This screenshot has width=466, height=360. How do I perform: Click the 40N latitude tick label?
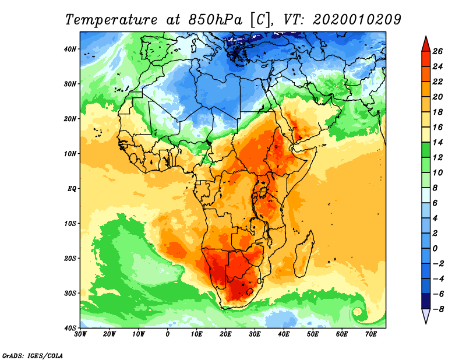click(x=70, y=49)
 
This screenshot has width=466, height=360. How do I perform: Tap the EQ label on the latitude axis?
click(x=72, y=189)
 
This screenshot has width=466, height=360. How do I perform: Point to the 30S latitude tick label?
click(x=70, y=293)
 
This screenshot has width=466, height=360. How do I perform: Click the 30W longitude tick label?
click(x=81, y=334)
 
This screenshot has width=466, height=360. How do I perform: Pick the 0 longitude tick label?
click(x=168, y=334)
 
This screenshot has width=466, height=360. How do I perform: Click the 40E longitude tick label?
click(x=284, y=334)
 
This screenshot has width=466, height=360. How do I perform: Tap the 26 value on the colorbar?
click(x=438, y=51)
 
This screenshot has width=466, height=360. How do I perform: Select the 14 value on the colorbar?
click(x=438, y=142)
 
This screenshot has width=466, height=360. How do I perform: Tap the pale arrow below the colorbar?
click(x=426, y=316)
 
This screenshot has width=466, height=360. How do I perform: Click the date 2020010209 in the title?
click(x=357, y=19)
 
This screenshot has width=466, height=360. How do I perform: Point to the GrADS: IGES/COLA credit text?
click(x=33, y=355)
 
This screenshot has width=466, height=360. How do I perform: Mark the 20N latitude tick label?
click(x=70, y=119)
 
